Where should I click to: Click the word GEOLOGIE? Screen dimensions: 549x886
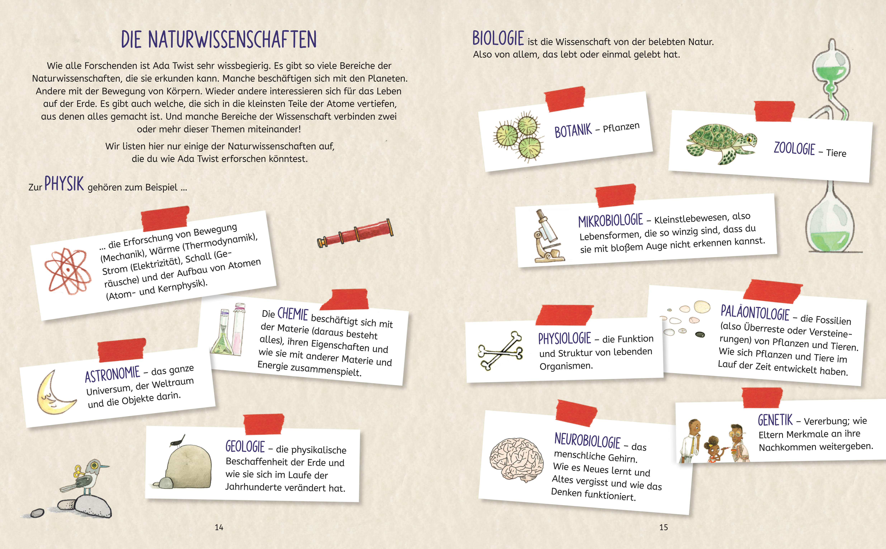click(245, 447)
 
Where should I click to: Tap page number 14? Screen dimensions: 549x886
click(219, 528)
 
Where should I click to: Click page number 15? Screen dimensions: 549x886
click(664, 528)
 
